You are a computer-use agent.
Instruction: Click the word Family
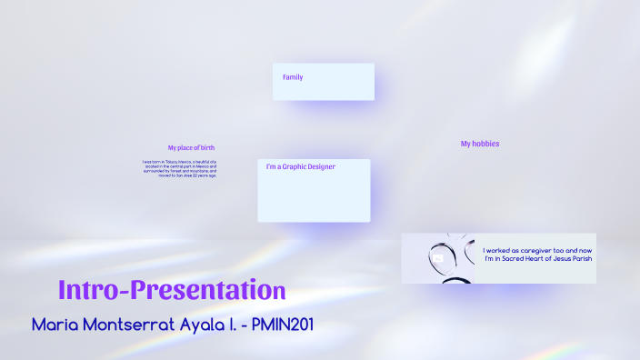pyautogui.click(x=293, y=77)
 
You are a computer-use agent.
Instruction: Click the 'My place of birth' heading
pyautogui.click(x=191, y=147)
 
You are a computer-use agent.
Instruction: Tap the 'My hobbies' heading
pyautogui.click(x=479, y=144)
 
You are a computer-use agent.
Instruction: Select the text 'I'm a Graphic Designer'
pyautogui.click(x=301, y=167)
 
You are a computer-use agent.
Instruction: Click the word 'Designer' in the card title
pyautogui.click(x=320, y=167)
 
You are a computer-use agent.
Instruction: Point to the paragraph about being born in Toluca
pyautogui.click(x=179, y=168)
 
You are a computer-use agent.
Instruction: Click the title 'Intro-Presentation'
pyautogui.click(x=172, y=290)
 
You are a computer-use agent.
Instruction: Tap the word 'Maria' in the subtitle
pyautogui.click(x=56, y=325)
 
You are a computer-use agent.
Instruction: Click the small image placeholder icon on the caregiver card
pyautogui.click(x=438, y=258)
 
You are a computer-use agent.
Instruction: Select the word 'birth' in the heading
pyautogui.click(x=207, y=147)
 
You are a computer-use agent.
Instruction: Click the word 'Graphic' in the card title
pyautogui.click(x=293, y=167)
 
